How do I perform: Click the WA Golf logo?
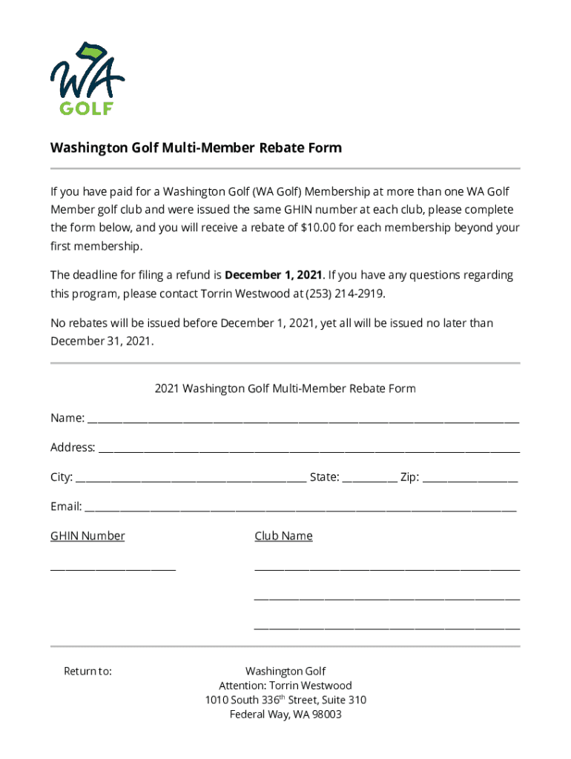point(88,79)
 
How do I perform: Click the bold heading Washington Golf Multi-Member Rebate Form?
point(196,148)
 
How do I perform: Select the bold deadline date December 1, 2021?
point(273,275)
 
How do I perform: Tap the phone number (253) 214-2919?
point(343,293)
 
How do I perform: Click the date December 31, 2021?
point(101,341)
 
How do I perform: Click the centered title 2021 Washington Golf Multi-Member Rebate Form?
point(285,388)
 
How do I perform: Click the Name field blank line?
point(303,420)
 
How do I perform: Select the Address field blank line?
point(308,450)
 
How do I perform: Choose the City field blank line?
point(191,480)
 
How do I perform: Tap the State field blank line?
point(369,480)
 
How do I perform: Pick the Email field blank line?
point(300,509)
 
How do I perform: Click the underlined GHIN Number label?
point(88,536)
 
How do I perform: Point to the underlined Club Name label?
point(283,536)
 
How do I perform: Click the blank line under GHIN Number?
point(113,569)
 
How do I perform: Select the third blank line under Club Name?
point(386,628)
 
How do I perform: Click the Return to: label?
point(88,672)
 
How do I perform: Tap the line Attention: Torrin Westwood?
point(285,686)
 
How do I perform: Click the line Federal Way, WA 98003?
point(285,715)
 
